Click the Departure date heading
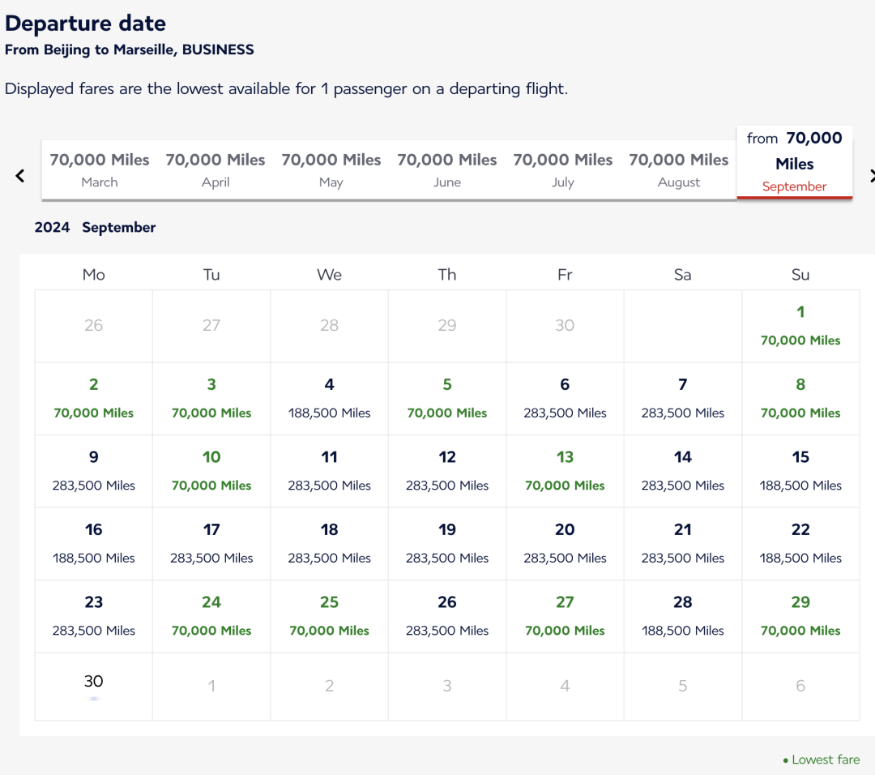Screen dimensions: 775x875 pyautogui.click(x=85, y=24)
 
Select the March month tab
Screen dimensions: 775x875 pyautogui.click(x=100, y=169)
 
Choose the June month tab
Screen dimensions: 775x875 pyautogui.click(x=447, y=169)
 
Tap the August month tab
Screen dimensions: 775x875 pyautogui.click(x=679, y=169)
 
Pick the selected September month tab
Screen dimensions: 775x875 pyautogui.click(x=794, y=163)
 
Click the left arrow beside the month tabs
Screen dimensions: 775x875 pyautogui.click(x=20, y=175)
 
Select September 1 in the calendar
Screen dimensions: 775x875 pyautogui.click(x=800, y=325)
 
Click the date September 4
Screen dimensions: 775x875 pyautogui.click(x=329, y=398)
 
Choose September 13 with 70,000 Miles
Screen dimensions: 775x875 pyautogui.click(x=565, y=470)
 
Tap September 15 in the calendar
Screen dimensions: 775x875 pyautogui.click(x=800, y=470)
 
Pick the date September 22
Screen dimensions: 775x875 pyautogui.click(x=800, y=543)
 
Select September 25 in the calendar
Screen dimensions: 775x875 pyautogui.click(x=329, y=615)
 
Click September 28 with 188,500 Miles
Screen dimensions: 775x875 pyautogui.click(x=683, y=615)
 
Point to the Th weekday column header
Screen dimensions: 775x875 pyautogui.click(x=447, y=275)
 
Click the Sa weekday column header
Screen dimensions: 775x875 pyautogui.click(x=683, y=275)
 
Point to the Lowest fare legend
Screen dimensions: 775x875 pyautogui.click(x=822, y=760)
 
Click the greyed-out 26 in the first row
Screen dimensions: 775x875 pyautogui.click(x=94, y=325)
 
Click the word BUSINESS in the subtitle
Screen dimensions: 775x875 pyautogui.click(x=218, y=49)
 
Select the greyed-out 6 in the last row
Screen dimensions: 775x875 pyautogui.click(x=800, y=686)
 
